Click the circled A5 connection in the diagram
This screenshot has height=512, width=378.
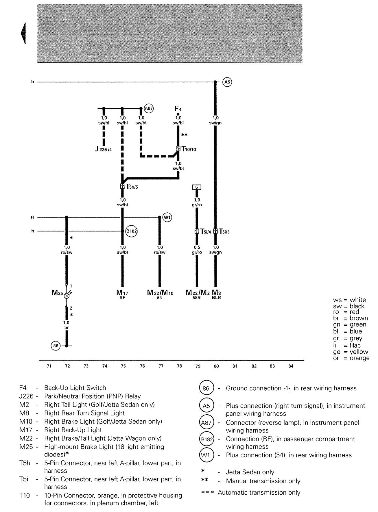pyautogui.click(x=227, y=82)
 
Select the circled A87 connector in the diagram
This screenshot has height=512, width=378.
pyautogui.click(x=149, y=109)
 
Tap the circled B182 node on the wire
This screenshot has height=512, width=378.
pyautogui.click(x=131, y=231)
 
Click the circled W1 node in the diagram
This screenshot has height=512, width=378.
pyautogui.click(x=167, y=217)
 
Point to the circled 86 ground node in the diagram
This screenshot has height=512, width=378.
pyautogui.click(x=56, y=346)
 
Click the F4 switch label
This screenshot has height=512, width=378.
pyautogui.click(x=178, y=109)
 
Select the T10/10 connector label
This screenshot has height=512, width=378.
pyautogui.click(x=189, y=149)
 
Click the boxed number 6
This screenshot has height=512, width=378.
pyautogui.click(x=197, y=187)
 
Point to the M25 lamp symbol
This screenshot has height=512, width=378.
pyautogui.click(x=67, y=295)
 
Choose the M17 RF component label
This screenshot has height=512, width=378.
pyautogui.click(x=122, y=294)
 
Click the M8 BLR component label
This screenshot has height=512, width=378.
pyautogui.click(x=217, y=294)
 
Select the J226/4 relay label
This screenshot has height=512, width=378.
pyautogui.click(x=103, y=149)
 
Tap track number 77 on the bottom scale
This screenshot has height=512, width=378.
pyautogui.click(x=161, y=366)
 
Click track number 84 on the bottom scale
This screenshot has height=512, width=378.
pyautogui.click(x=291, y=366)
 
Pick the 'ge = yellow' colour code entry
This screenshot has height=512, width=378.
pyautogui.click(x=351, y=352)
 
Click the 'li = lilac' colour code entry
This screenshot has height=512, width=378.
pyautogui.click(x=347, y=345)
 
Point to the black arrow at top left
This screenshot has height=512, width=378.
pyautogui.click(x=23, y=33)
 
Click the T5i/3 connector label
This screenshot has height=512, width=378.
pyautogui.click(x=224, y=231)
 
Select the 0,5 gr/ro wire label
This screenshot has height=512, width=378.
pyautogui.click(x=197, y=250)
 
